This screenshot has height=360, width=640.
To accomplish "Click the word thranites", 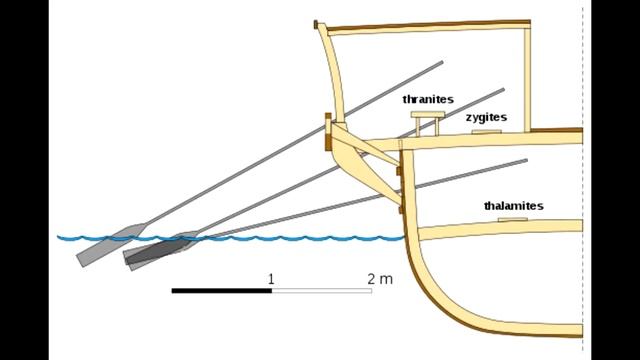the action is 428,99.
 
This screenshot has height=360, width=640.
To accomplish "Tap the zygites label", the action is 487,117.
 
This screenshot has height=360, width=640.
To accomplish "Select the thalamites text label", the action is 513,206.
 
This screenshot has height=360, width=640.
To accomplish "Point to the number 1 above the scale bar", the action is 271,279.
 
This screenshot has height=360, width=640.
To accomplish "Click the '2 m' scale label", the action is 380,279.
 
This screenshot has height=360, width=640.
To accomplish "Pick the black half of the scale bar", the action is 222,291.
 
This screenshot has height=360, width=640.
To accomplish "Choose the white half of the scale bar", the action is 322,291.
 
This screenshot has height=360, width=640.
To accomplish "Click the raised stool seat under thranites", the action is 427,114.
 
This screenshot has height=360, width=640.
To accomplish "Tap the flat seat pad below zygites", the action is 487,132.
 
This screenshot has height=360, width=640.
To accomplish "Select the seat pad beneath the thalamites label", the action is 513,220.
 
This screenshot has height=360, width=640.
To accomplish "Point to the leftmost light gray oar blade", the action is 111,245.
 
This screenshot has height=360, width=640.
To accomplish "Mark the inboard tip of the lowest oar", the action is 527,160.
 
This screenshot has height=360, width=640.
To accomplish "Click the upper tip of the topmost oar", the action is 442,62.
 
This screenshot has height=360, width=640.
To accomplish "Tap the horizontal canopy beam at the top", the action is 429,26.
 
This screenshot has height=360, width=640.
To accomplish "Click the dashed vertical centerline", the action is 582,180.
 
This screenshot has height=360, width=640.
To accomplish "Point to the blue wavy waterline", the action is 231,238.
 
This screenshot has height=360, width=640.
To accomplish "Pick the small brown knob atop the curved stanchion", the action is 316,24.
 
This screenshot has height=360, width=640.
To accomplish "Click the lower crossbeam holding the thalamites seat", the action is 500,229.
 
